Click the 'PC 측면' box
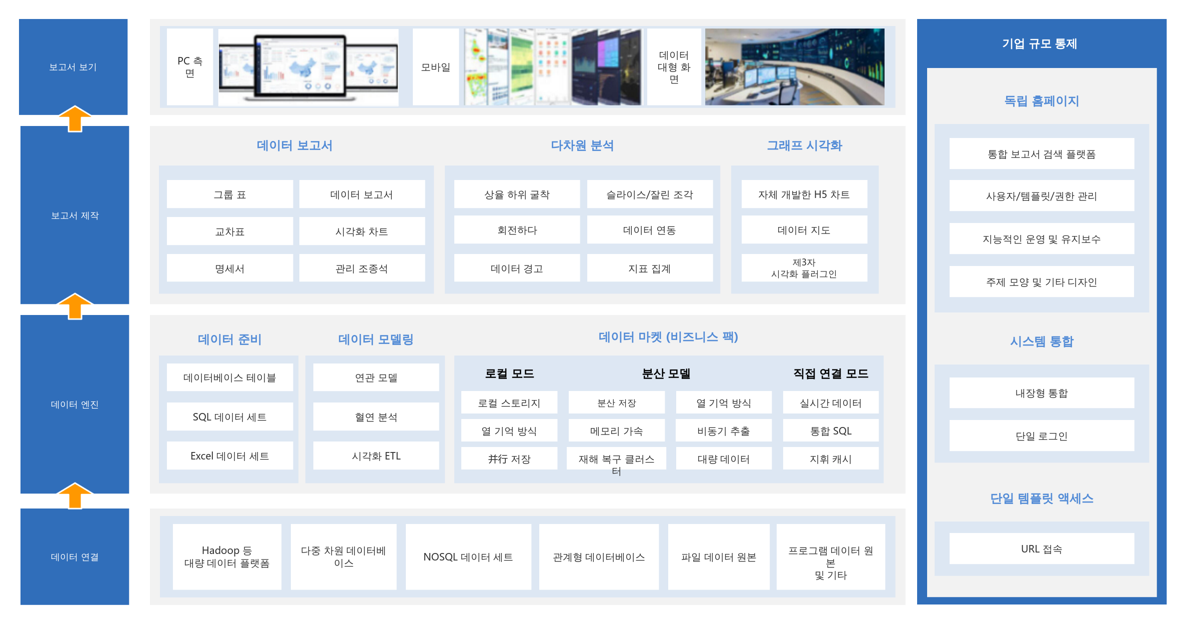coord(190,66)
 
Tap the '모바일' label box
coord(436,66)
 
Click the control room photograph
coord(795,66)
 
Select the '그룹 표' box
coord(230,194)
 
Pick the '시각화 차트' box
coord(362,231)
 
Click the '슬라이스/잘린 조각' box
coord(650,194)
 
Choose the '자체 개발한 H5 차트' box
coord(804,194)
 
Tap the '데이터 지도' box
coord(804,230)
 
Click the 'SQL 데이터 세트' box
coord(230,416)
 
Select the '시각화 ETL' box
coord(376,455)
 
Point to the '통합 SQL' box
coord(831,430)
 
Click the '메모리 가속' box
coord(617,430)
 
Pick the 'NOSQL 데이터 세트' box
coord(468,556)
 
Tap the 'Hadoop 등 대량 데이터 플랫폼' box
coord(227,556)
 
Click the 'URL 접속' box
coord(1042,548)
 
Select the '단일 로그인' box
coord(1042,435)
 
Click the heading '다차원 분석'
coord(582,145)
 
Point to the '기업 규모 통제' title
coord(1040,43)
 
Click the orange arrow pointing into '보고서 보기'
coord(75,118)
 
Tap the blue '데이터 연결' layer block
coord(75,556)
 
